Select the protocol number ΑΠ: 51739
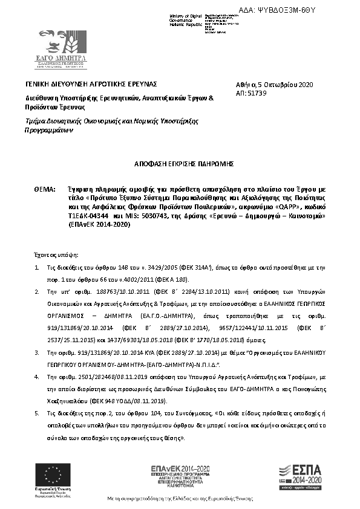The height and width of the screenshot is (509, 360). point(251,96)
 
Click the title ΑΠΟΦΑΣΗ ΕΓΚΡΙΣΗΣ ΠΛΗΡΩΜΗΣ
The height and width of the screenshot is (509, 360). point(180,163)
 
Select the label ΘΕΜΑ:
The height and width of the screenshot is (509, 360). point(45,189)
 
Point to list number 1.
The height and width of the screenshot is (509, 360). point(37,267)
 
